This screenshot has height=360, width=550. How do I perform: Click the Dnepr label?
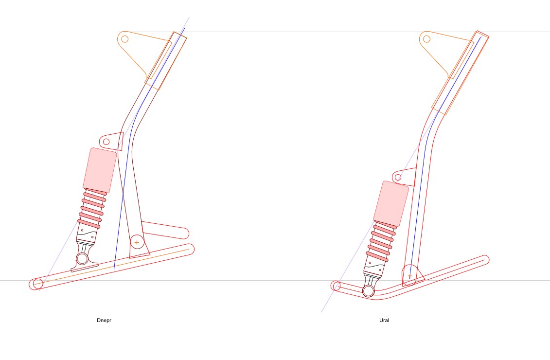tap(104, 320)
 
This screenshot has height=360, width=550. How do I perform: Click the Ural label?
tap(384, 320)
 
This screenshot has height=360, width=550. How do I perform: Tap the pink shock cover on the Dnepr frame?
tap(100, 170)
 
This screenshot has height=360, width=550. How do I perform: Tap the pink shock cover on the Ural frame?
tap(391, 204)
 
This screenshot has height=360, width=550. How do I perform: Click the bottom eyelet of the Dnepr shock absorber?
tap(82, 259)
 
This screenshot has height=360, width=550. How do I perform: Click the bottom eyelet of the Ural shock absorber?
tap(368, 291)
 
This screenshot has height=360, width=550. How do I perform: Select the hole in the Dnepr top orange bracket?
tap(124, 38)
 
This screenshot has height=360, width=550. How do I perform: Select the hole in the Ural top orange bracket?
tap(426, 38)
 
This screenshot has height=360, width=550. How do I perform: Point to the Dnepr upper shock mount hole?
tap(106, 142)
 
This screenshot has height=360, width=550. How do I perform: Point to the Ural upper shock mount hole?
tap(398, 177)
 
